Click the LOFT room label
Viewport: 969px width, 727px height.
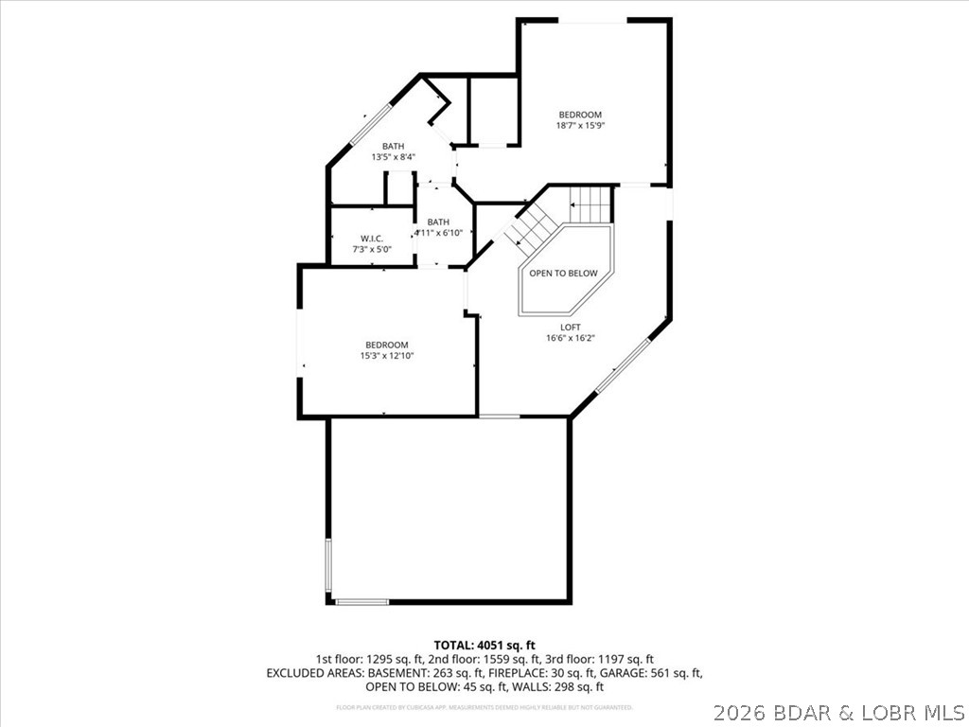[563, 327]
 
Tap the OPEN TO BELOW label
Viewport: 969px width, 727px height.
[563, 274]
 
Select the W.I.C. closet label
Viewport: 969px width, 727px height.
[371, 239]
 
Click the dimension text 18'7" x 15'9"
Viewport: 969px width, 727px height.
[579, 126]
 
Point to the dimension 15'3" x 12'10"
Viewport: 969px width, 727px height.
[387, 356]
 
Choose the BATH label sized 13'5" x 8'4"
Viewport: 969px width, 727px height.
[393, 146]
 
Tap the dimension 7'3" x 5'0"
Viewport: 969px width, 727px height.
[371, 250]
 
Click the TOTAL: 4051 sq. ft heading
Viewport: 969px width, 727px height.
[484, 645]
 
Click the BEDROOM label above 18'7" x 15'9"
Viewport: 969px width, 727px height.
[579, 115]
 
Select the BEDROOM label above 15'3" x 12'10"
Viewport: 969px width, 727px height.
[387, 345]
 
